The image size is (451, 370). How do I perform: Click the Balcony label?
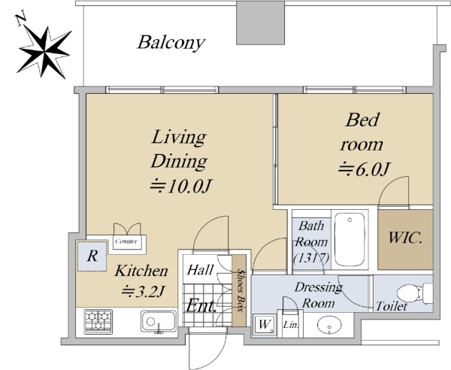[171, 43]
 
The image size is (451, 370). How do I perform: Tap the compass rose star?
[44, 53]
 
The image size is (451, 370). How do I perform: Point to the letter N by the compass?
[21, 20]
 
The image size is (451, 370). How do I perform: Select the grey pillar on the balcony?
[260, 23]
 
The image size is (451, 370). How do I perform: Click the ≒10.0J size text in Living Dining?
[180, 187]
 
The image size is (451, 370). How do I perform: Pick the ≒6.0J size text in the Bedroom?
[364, 169]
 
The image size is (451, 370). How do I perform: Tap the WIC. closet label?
[405, 238]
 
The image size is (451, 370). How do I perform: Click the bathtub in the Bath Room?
[350, 240]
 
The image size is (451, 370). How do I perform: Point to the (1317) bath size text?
[311, 258]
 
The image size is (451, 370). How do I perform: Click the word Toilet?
[392, 306]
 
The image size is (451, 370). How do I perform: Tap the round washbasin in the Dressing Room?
[329, 325]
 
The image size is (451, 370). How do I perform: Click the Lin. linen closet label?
[291, 325]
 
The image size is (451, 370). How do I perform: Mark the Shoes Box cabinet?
[239, 290]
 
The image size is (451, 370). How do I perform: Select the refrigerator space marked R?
[92, 256]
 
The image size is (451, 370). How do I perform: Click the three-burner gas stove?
[98, 322]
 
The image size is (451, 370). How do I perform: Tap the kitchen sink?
[159, 321]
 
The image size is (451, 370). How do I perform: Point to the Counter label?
[126, 241]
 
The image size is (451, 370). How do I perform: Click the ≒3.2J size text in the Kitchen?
[143, 291]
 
